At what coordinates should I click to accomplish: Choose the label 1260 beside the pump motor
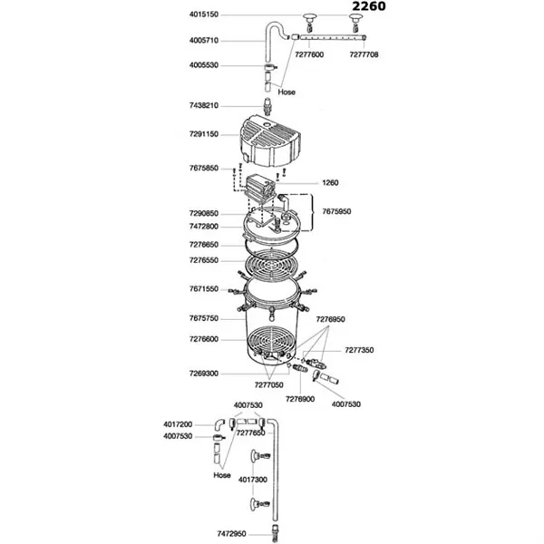(330, 182)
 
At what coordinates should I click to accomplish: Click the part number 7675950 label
(338, 210)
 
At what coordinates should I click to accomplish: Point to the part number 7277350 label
(359, 349)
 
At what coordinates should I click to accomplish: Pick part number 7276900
(300, 398)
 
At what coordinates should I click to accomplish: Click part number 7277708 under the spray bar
(365, 55)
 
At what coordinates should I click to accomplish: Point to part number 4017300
(252, 479)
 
